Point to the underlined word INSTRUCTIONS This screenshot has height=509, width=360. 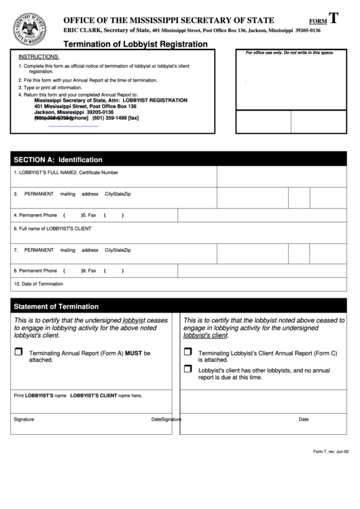(39, 56)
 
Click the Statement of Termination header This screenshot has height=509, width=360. (56, 306)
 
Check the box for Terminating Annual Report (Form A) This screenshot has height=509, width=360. (19, 352)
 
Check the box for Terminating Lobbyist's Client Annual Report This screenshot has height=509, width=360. (187, 352)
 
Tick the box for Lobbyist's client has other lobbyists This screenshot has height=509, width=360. (187, 369)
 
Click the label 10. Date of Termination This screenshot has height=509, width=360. (38, 283)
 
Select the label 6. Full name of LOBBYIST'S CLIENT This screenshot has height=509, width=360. (52, 228)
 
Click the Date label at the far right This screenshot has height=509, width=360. (304, 419)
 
